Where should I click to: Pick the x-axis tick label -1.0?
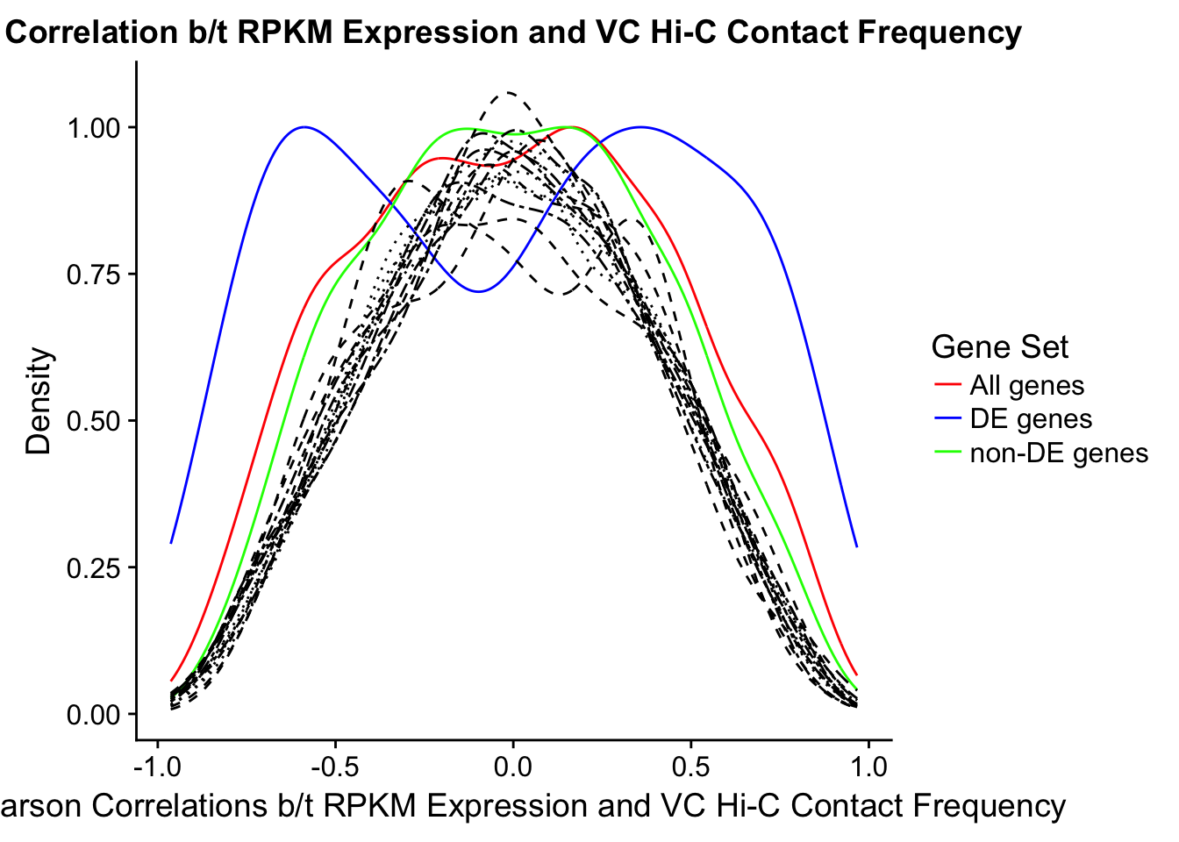pos(157,767)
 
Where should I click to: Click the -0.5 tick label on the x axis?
pos(334,767)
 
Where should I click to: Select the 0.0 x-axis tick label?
pos(512,767)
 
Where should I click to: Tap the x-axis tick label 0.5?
pos(690,767)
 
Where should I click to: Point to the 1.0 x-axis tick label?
pos(868,767)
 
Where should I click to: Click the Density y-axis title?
pos(39,402)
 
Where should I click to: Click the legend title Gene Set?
pos(999,347)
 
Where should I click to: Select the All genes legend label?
pos(1026,385)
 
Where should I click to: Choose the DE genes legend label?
pos(1031,418)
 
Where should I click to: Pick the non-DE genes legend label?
pos(1059,453)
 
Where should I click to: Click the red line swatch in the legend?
pos(947,385)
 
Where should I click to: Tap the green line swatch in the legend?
pos(947,453)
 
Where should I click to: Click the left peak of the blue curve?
pos(304,127)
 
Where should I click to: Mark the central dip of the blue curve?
pos(478,291)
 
